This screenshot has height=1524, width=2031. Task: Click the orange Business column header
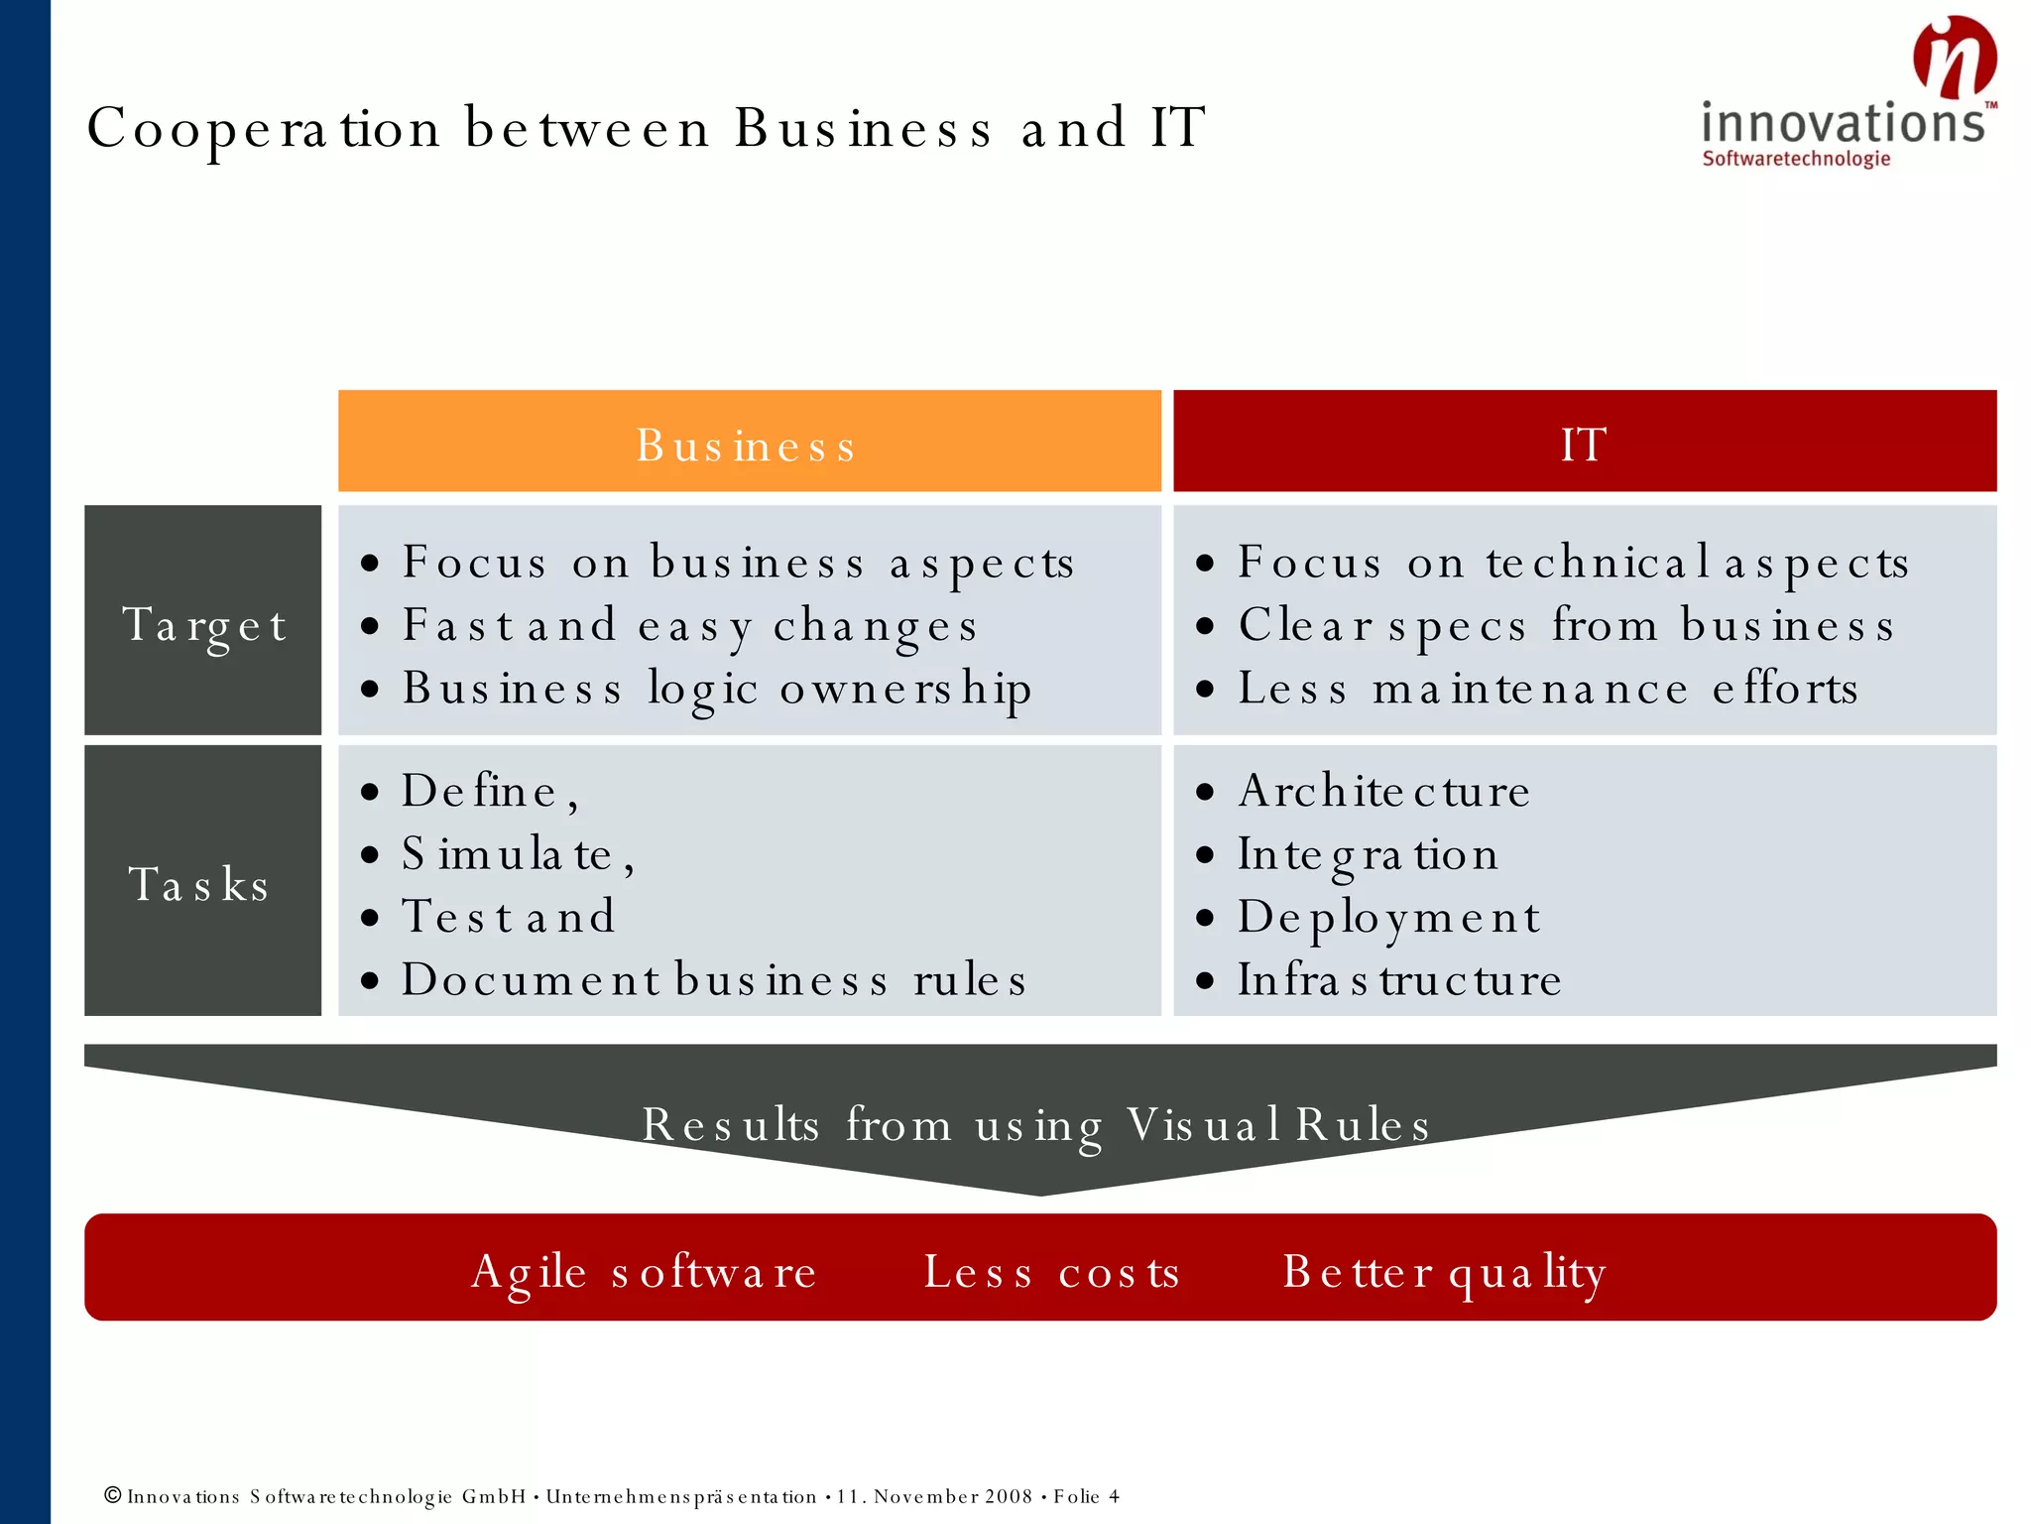(749, 442)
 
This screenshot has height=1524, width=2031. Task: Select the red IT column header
(1584, 442)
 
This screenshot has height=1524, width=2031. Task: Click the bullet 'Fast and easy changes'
(689, 626)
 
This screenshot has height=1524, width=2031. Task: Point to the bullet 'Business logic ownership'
(716, 689)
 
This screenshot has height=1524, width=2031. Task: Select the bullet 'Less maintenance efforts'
(1547, 689)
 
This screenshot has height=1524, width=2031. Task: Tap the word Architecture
(1383, 792)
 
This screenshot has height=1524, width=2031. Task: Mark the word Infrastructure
(1399, 980)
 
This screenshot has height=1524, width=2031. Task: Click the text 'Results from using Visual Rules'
(1036, 1125)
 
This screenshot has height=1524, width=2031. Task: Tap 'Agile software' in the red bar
(644, 1272)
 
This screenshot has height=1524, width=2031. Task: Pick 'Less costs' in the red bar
(1051, 1272)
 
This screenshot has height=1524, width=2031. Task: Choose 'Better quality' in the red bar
(1444, 1272)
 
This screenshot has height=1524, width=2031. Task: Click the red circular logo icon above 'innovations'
(1954, 57)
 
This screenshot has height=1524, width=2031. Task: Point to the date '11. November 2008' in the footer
(934, 1496)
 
